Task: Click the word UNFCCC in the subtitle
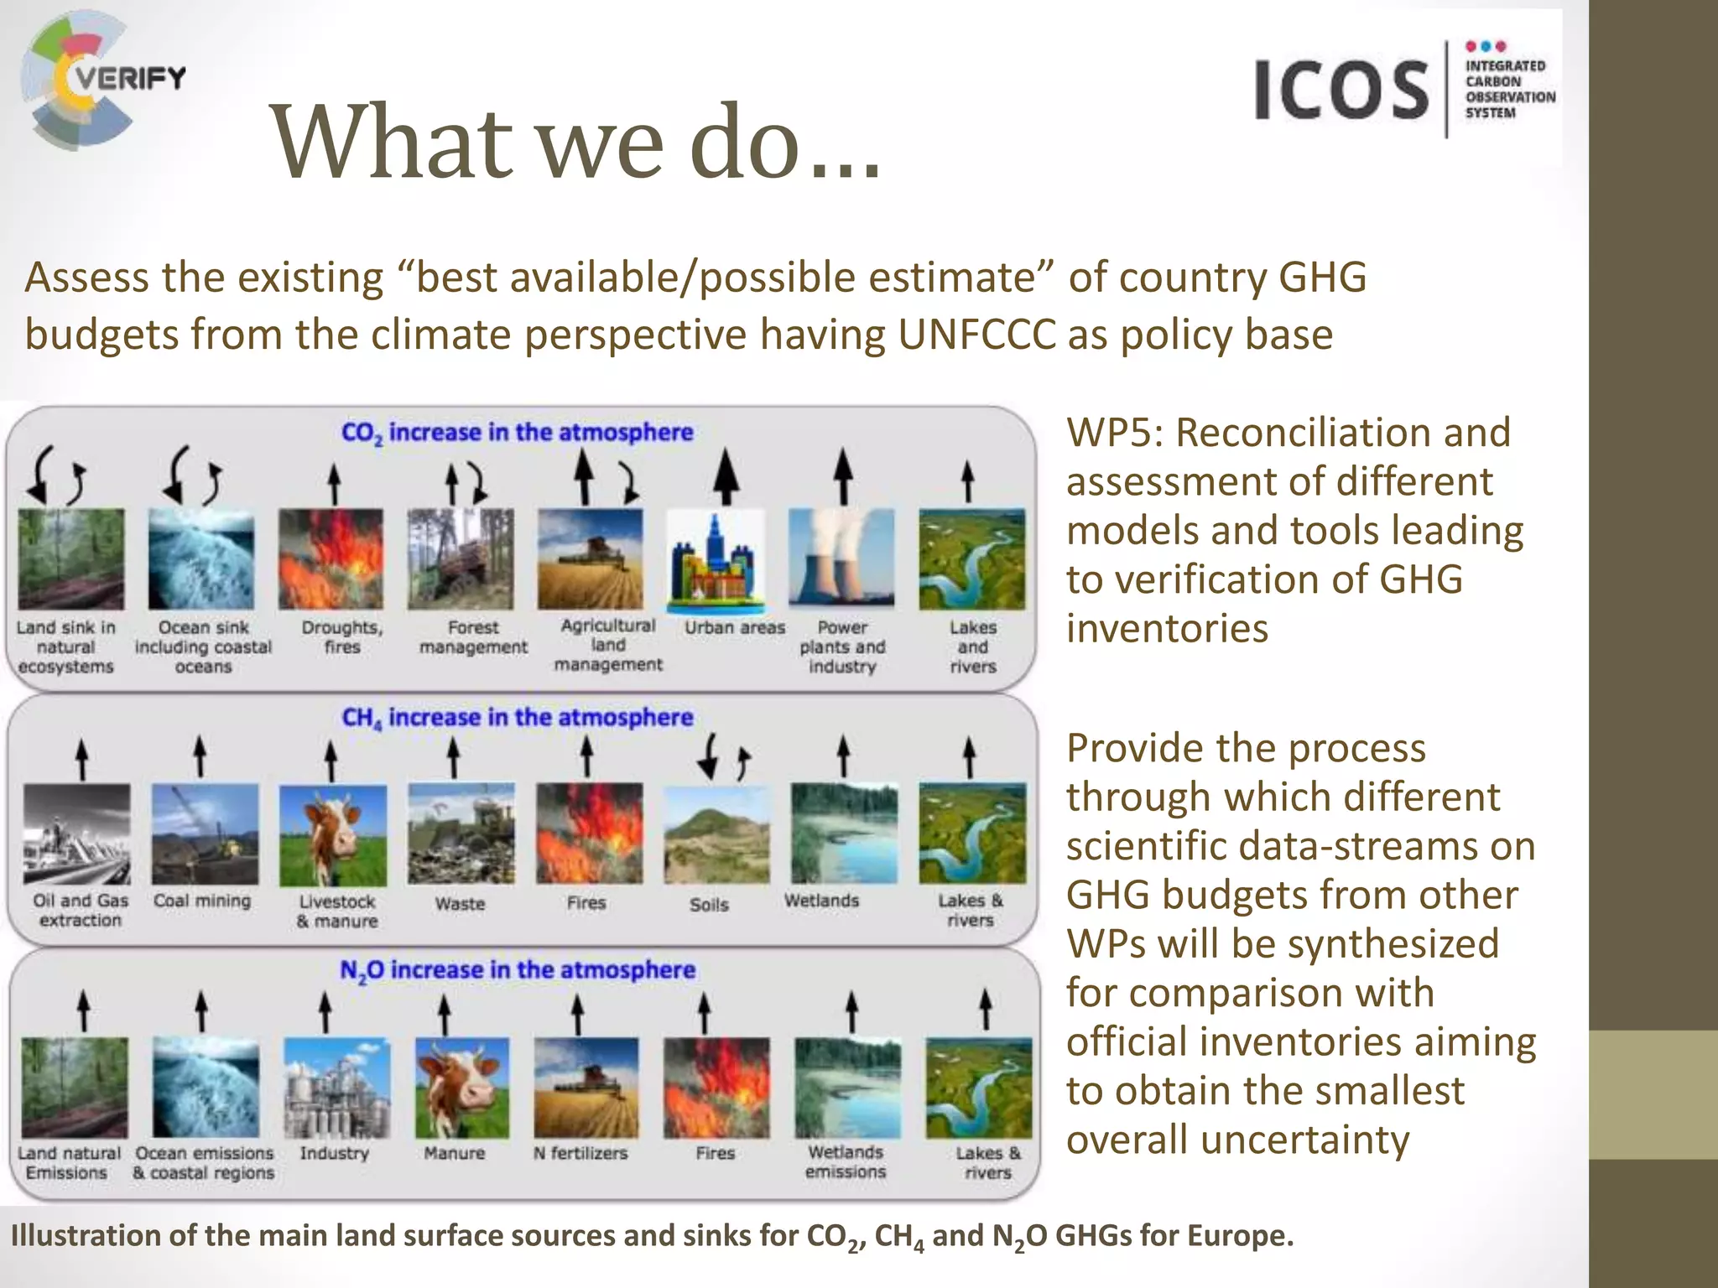pos(976,335)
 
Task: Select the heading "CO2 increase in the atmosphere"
pos(517,433)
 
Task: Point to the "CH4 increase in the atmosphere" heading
pos(517,718)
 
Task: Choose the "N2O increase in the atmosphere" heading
pos(517,970)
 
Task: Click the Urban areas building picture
pos(716,558)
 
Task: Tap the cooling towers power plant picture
pos(841,558)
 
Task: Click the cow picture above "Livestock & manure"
pos(333,834)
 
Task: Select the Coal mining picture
pos(206,834)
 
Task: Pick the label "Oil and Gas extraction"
pos(81,910)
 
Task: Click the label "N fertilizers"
pos(580,1153)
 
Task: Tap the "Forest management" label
pos(473,637)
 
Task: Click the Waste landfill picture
pos(461,834)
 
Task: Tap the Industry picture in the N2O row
pos(336,1088)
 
